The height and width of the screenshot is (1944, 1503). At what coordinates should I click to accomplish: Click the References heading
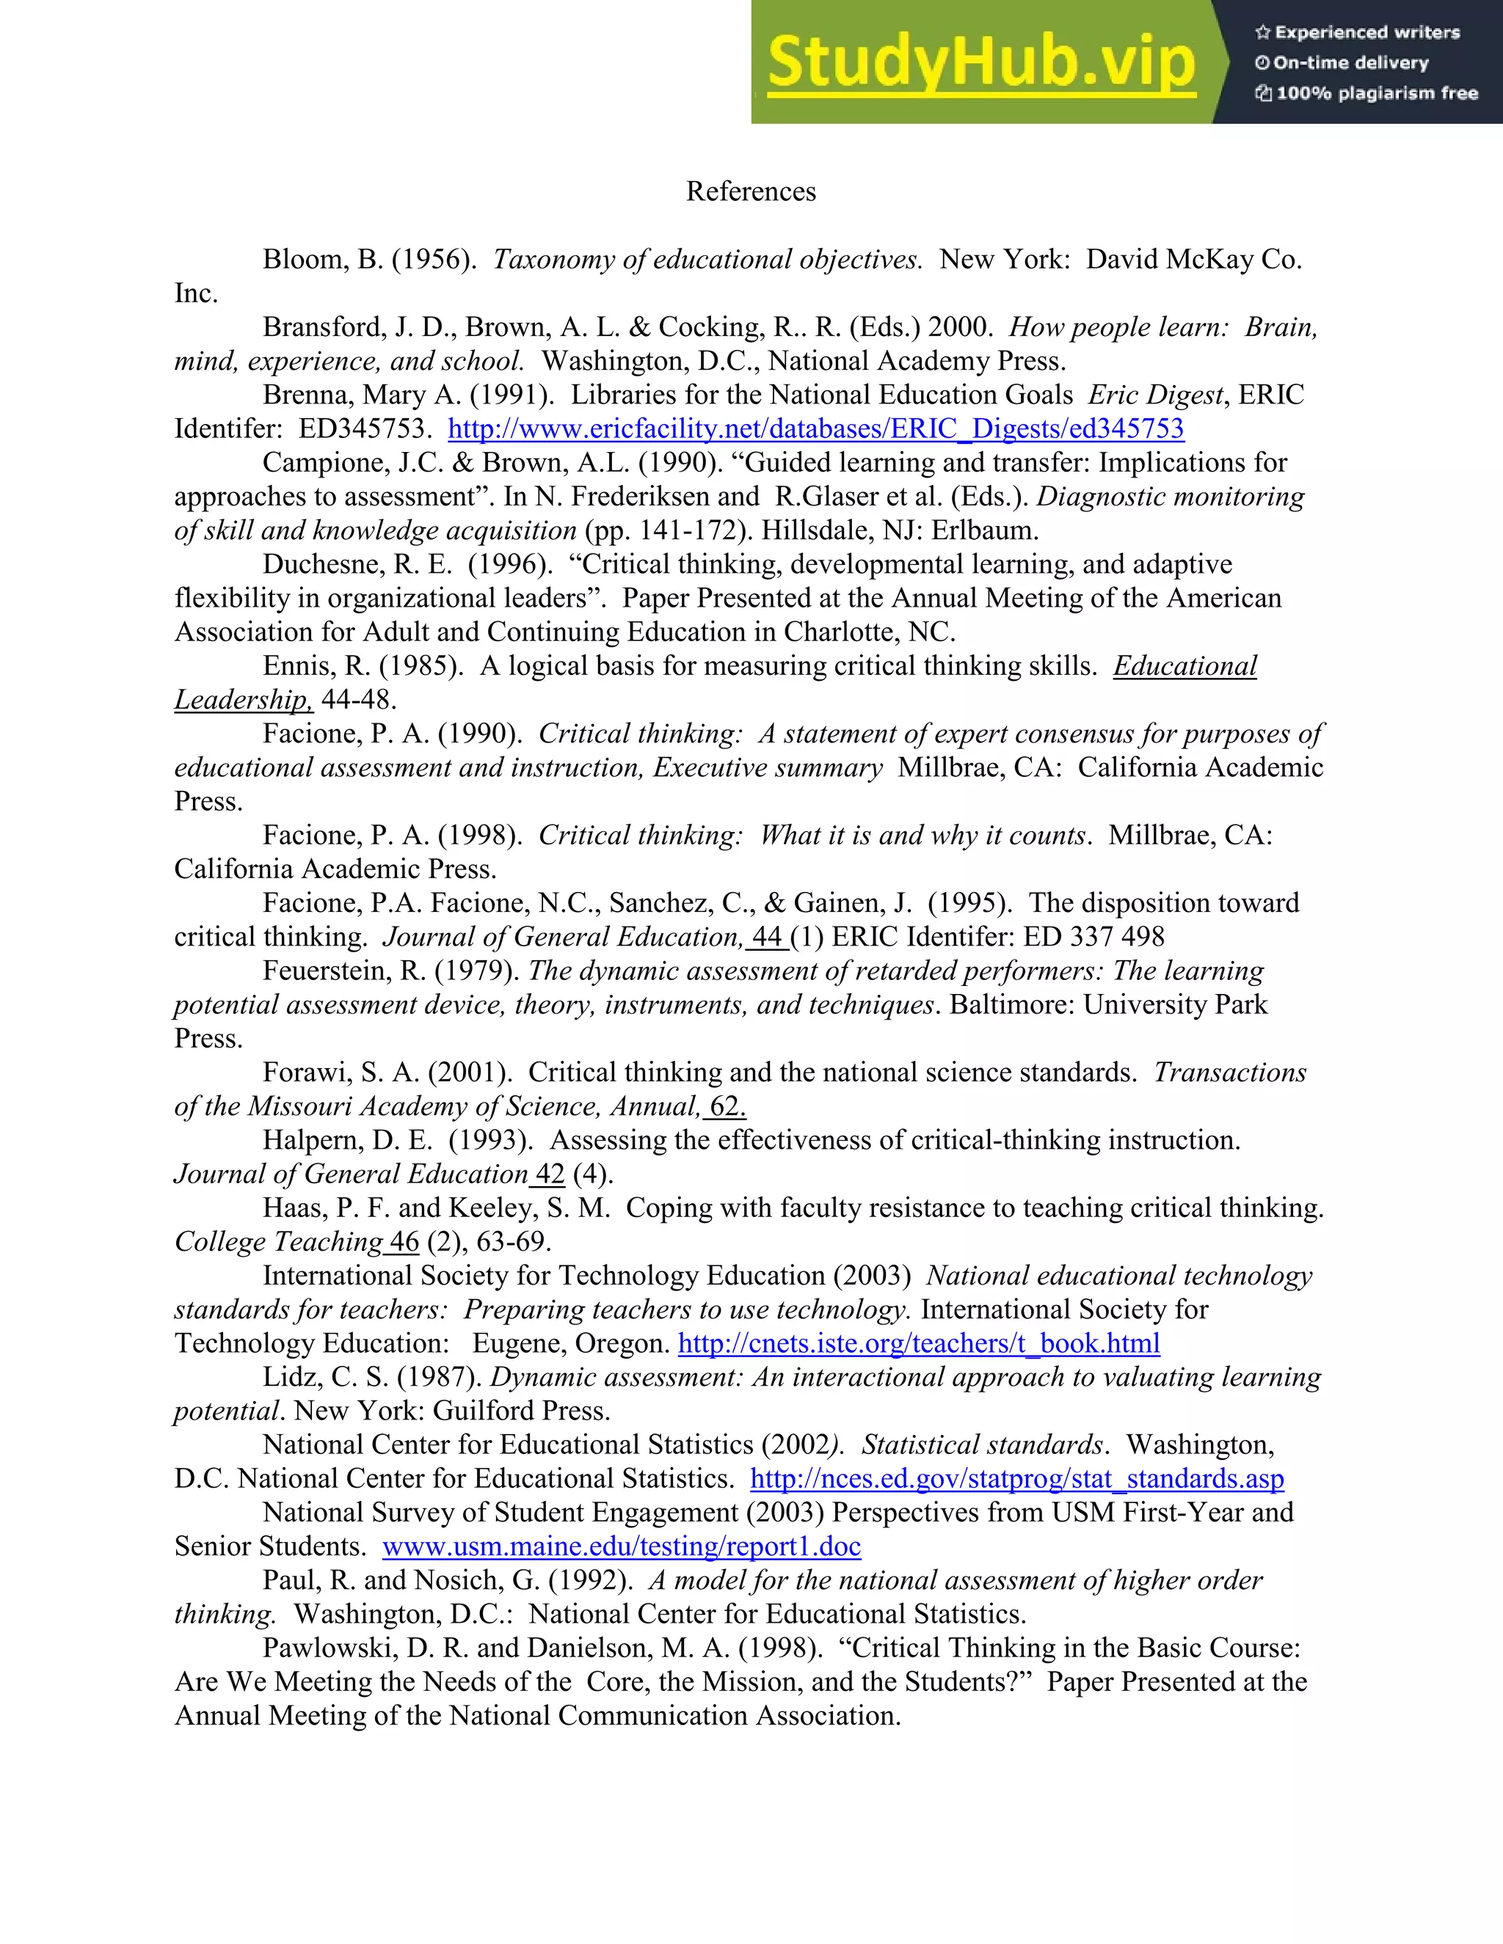751,191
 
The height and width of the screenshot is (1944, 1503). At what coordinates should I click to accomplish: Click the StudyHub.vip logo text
981,63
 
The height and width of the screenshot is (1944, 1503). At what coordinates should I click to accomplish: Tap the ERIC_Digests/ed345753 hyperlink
815,429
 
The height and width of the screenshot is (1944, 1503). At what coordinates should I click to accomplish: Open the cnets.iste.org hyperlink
919,1343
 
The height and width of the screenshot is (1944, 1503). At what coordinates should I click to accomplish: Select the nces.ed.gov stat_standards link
1017,1478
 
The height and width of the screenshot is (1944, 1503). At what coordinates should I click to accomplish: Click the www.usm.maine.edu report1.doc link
622,1546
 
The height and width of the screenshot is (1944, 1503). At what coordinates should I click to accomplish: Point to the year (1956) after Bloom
434,260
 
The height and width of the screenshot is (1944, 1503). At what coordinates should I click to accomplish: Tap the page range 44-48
358,700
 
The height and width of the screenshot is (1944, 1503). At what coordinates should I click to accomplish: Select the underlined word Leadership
242,700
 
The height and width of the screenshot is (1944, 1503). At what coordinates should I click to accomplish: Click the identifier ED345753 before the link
364,429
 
